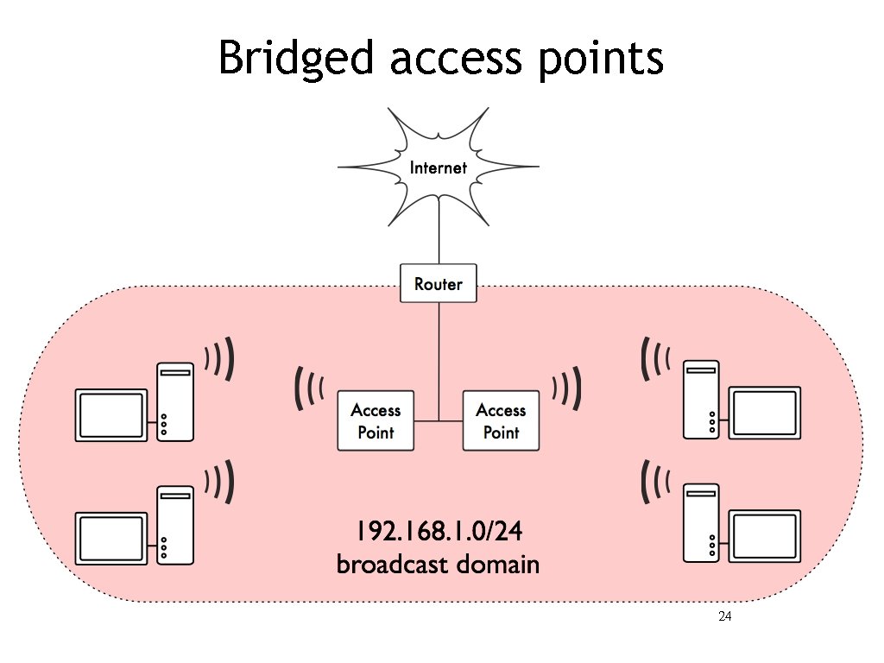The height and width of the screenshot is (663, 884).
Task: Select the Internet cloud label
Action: coord(438,167)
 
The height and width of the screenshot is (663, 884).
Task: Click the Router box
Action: coord(439,284)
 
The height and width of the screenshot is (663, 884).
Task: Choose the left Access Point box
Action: coord(376,420)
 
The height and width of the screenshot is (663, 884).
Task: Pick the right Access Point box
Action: coord(501,420)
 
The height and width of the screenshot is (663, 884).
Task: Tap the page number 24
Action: coord(724,617)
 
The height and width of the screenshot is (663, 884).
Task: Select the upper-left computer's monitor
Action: coord(111,415)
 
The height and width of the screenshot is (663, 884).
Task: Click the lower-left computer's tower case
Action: coord(175,525)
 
